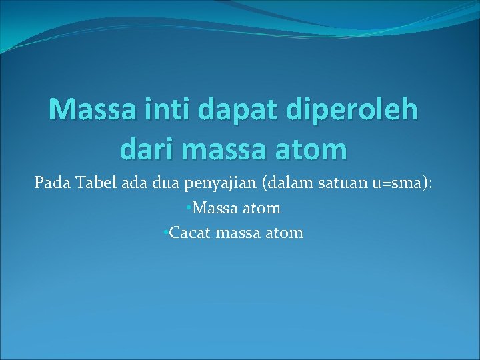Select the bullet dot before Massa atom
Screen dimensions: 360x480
(189, 207)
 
